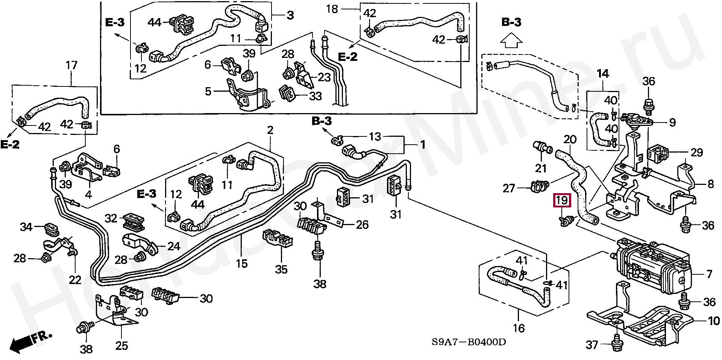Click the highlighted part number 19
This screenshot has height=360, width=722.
[561, 201]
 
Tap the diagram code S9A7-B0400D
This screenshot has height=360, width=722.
[468, 342]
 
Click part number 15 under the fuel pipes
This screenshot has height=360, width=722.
[242, 263]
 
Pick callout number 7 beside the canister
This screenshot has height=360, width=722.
[709, 274]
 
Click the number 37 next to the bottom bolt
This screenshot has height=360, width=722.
[592, 345]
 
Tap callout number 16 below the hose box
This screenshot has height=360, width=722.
[519, 328]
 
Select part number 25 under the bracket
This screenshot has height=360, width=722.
[122, 345]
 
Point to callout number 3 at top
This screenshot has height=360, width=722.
[290, 15]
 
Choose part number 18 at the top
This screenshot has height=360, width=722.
[332, 9]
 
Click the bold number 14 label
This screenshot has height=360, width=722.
[603, 74]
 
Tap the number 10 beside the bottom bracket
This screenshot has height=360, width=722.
[714, 321]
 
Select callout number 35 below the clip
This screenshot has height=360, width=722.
[281, 269]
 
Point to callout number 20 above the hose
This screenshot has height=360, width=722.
[570, 140]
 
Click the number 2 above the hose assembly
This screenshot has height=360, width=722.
[270, 130]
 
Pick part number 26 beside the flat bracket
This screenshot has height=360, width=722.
[362, 225]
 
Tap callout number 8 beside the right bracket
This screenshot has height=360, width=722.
[710, 184]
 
